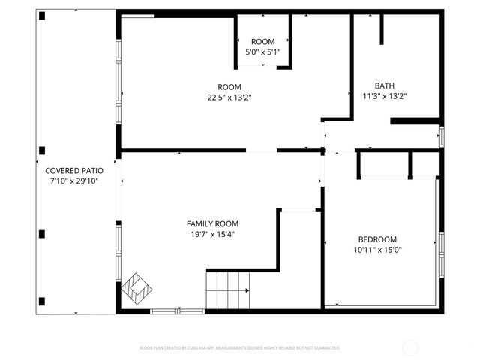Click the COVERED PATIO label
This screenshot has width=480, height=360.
coord(73,170)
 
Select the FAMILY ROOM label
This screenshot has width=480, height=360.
coord(212,223)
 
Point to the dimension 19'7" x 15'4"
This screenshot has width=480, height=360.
coord(212,234)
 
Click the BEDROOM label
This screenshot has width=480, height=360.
coord(378,238)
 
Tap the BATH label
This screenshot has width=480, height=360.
coord(384,85)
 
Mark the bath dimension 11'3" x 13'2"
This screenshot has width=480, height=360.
coord(384,96)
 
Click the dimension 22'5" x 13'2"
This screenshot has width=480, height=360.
coord(229,96)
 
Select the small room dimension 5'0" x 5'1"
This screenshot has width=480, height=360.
coord(262,52)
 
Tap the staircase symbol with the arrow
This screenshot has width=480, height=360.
coord(228,290)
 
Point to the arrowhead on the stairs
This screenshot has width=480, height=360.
coord(247,290)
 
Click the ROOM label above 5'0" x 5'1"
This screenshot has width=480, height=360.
coord(262,41)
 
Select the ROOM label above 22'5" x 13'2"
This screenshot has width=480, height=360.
coord(229,85)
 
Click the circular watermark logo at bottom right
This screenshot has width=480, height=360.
coord(410,348)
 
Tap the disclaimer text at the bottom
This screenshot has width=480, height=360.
coord(240,348)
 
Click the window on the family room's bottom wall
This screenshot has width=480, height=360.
coord(177,310)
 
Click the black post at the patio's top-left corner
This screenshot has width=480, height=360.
coord(43,16)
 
